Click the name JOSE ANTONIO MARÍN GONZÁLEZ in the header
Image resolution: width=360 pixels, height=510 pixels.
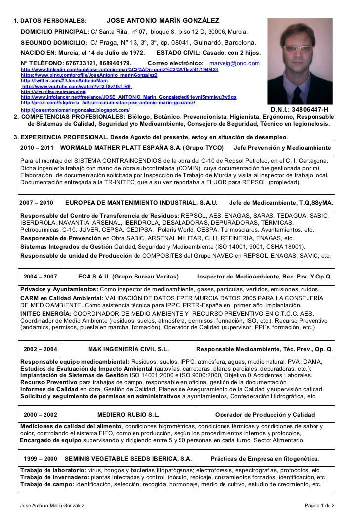(163, 21)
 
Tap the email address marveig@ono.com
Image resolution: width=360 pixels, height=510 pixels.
(234, 63)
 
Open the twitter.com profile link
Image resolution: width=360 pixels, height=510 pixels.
(64, 80)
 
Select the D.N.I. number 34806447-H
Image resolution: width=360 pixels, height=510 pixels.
(300, 109)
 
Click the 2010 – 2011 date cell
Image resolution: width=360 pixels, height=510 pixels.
(37, 148)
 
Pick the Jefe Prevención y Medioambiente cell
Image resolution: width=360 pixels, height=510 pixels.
(282, 148)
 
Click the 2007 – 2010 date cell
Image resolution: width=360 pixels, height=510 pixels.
(36, 203)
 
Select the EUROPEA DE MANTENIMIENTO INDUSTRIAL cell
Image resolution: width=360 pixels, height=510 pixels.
(141, 203)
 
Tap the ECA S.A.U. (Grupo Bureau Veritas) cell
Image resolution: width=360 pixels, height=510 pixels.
(128, 276)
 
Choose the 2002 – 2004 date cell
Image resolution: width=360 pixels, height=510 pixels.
(40, 349)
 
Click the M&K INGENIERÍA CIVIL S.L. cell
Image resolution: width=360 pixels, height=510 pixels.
(128, 349)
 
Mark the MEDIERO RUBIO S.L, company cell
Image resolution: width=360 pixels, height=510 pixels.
(128, 414)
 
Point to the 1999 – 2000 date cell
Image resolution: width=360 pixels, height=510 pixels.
(40, 458)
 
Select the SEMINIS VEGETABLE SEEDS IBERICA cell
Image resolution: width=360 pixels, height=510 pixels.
(128, 458)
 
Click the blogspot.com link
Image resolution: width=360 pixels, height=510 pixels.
(75, 110)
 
